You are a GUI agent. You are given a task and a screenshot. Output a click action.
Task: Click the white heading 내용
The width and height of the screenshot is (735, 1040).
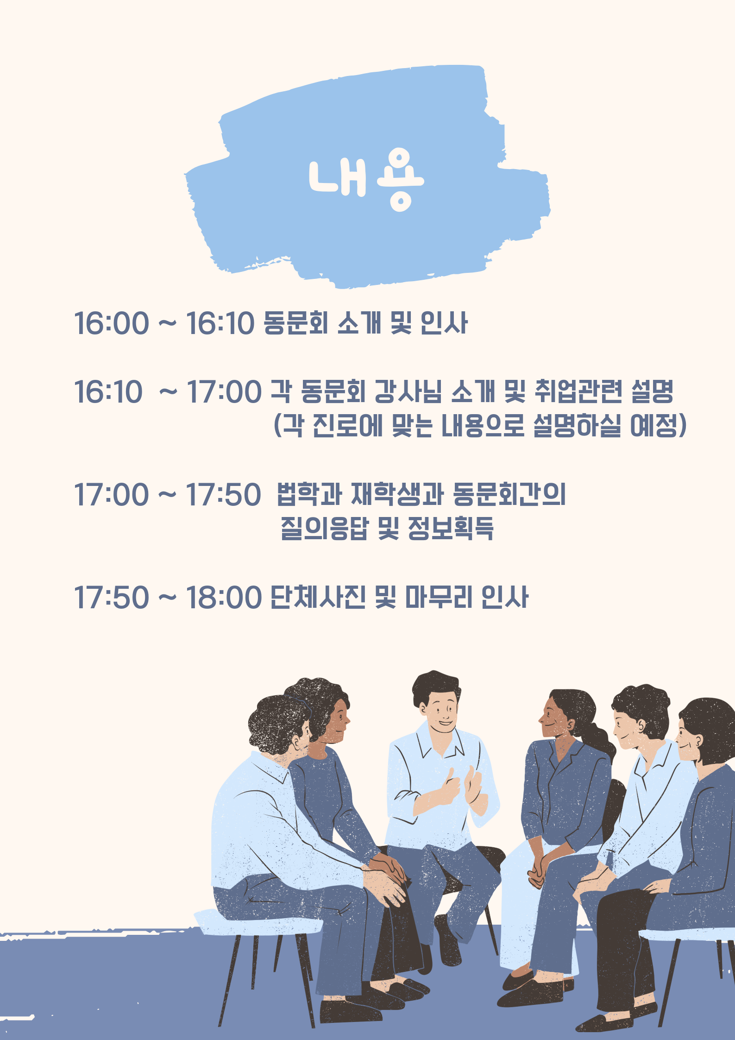(366, 180)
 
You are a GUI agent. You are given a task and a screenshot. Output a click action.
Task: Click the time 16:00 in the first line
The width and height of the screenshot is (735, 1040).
(112, 323)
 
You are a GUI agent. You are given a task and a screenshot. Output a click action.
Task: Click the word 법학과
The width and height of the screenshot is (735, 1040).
(309, 494)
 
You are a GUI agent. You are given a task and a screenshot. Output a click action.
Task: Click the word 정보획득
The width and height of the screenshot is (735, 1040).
(451, 528)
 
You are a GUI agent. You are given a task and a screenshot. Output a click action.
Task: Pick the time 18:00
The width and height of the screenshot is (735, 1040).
(224, 597)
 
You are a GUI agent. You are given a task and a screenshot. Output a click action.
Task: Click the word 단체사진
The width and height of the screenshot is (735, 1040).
(318, 597)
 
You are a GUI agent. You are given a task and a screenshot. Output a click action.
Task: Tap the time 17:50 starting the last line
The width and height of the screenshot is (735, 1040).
(112, 597)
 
